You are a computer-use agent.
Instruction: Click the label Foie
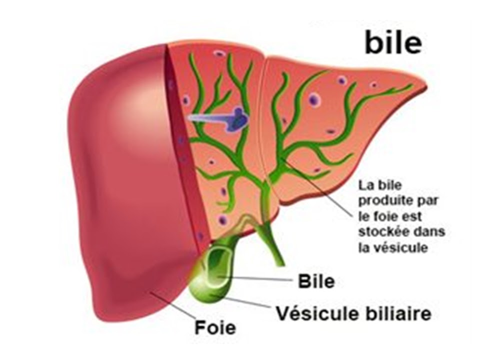point(215,328)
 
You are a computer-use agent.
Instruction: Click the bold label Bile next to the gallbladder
point(316,281)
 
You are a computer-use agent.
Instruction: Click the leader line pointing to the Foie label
point(172,305)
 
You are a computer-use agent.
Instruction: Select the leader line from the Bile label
point(260,278)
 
